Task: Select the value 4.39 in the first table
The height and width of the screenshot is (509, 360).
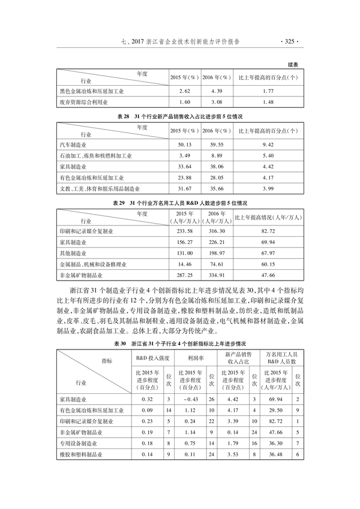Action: pos(217,91)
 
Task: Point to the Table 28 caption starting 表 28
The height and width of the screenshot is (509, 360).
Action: pos(180,116)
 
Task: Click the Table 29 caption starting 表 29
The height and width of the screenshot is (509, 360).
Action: pos(180,203)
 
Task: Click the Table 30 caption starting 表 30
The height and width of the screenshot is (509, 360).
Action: pos(180,344)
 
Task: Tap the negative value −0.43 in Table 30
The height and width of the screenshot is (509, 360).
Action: pos(189,399)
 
